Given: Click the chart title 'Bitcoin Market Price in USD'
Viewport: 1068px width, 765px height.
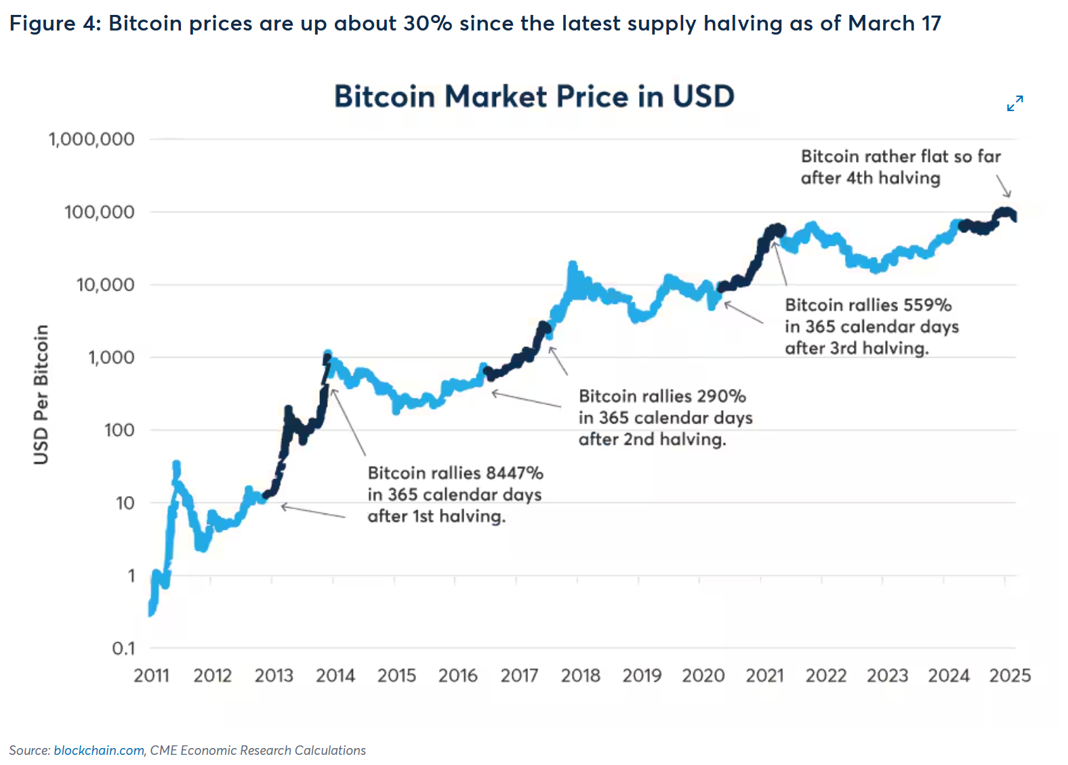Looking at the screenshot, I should click(x=534, y=96).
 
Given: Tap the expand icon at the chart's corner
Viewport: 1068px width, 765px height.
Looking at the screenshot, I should click(x=1014, y=103).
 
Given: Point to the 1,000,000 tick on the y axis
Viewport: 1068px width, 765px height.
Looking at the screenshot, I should click(x=91, y=140).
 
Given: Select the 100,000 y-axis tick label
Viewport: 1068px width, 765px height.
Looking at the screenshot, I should click(x=100, y=212).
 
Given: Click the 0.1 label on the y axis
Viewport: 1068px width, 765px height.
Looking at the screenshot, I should click(x=123, y=648).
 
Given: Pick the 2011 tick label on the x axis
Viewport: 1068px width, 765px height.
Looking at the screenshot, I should click(x=151, y=676).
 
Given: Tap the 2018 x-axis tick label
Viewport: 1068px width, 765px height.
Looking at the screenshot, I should click(x=581, y=676).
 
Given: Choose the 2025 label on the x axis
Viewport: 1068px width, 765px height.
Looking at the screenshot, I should click(x=1010, y=676).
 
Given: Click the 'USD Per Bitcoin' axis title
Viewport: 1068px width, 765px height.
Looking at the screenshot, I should click(x=41, y=394).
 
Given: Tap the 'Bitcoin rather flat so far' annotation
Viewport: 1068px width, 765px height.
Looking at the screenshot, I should click(x=901, y=157).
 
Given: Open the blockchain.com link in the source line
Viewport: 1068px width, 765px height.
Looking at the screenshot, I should click(x=99, y=750).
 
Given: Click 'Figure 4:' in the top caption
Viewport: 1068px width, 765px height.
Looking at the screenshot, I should click(x=53, y=24).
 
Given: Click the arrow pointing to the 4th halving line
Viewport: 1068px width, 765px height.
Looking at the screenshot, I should click(x=1004, y=186).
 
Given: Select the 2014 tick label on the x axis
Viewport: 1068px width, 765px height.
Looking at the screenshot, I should click(x=335, y=676).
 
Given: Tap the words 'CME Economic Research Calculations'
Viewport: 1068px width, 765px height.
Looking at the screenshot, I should click(x=258, y=750).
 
